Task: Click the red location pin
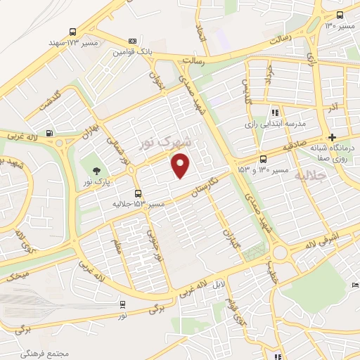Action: tap(181, 165)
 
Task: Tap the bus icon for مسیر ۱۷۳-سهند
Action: tap(72, 31)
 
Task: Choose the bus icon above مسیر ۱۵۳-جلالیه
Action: tap(138, 192)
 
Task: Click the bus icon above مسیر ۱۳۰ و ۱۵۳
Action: tap(263, 159)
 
